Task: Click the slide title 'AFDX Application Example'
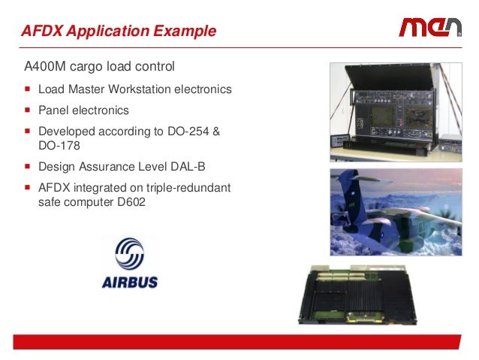[x=118, y=32]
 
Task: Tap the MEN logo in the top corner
[x=429, y=28]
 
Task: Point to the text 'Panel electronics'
[x=83, y=110]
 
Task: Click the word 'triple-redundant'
[x=187, y=188]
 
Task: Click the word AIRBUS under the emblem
[x=129, y=284]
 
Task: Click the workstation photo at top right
[x=396, y=111]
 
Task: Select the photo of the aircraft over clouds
[x=396, y=212]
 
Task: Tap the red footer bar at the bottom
[x=239, y=342]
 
